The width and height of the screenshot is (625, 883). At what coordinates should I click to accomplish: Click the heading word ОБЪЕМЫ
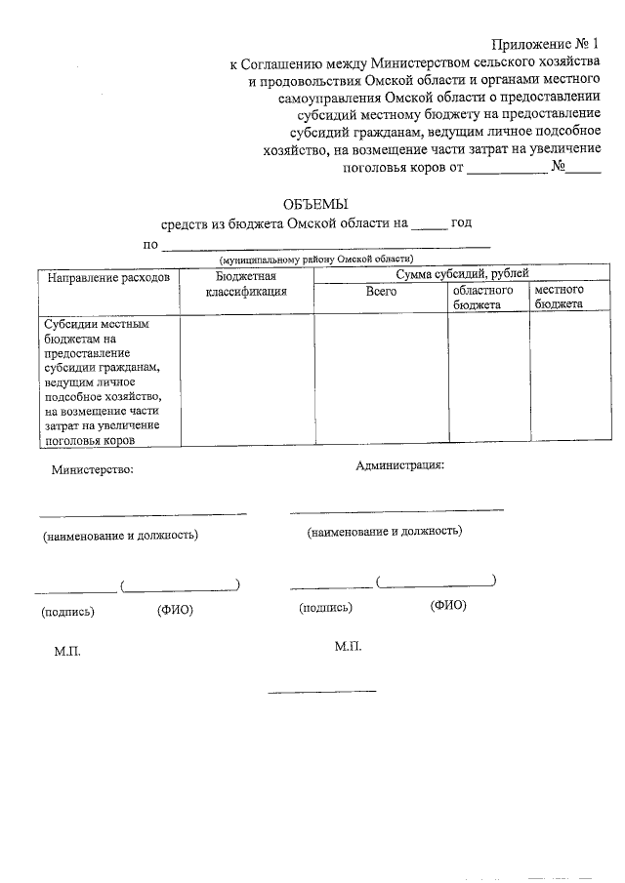(314, 204)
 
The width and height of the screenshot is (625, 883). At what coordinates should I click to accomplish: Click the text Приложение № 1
(546, 45)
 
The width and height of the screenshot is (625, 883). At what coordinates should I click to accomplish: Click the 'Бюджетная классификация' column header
(246, 284)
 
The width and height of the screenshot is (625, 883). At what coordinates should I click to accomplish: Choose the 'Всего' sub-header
(381, 292)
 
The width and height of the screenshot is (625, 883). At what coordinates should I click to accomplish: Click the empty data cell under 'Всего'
(381, 380)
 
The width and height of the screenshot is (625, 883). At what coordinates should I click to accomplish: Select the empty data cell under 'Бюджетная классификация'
(246, 380)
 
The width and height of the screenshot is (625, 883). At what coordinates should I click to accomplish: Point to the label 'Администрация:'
(400, 464)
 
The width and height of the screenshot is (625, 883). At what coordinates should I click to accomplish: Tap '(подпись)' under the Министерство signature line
(67, 612)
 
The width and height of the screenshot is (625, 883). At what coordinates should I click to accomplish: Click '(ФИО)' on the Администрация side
(448, 606)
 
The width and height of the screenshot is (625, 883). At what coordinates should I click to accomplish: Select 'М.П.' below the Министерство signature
(67, 652)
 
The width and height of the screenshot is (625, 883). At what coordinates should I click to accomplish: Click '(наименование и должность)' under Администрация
(385, 532)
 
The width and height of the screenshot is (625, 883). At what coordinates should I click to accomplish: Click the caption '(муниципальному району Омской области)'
(315, 260)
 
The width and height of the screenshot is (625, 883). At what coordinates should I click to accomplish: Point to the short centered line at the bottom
(322, 692)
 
